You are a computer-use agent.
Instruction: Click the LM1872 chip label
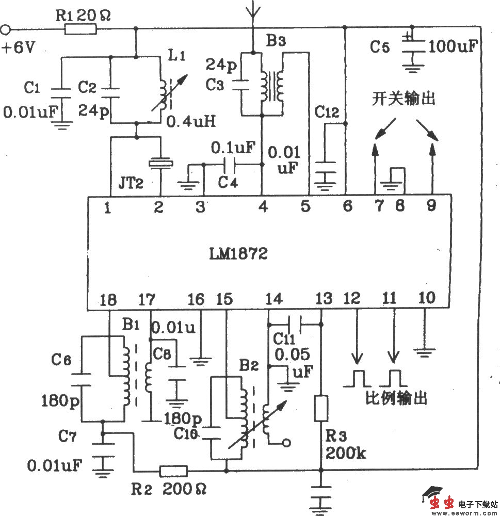tap(238, 254)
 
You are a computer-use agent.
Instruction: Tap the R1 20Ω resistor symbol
tap(80, 29)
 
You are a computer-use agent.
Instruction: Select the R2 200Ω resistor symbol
tap(173, 471)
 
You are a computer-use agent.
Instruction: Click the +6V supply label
tap(19, 48)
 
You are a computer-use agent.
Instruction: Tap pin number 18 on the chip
tap(109, 300)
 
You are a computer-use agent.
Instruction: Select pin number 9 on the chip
tap(431, 206)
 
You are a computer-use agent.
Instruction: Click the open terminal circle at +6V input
tap(7, 29)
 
